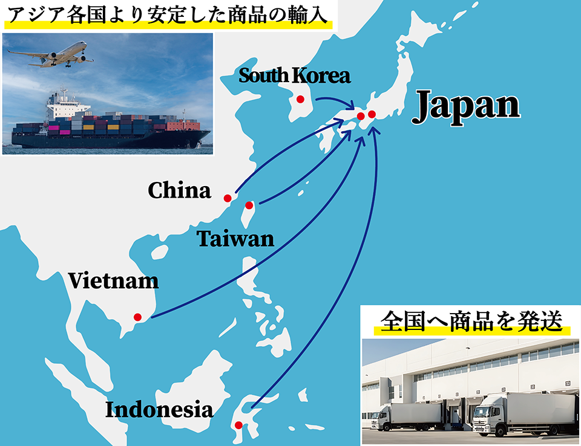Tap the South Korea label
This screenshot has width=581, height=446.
coord(294,76)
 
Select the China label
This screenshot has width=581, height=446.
coord(180,191)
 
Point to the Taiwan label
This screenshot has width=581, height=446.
coord(235,239)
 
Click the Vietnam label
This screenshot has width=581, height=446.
coord(113,280)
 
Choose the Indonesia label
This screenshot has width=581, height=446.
coord(159,410)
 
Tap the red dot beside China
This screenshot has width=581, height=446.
coord(228,198)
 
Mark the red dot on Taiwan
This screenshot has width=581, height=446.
coord(249,205)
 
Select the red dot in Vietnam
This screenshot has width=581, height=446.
coord(137,317)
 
